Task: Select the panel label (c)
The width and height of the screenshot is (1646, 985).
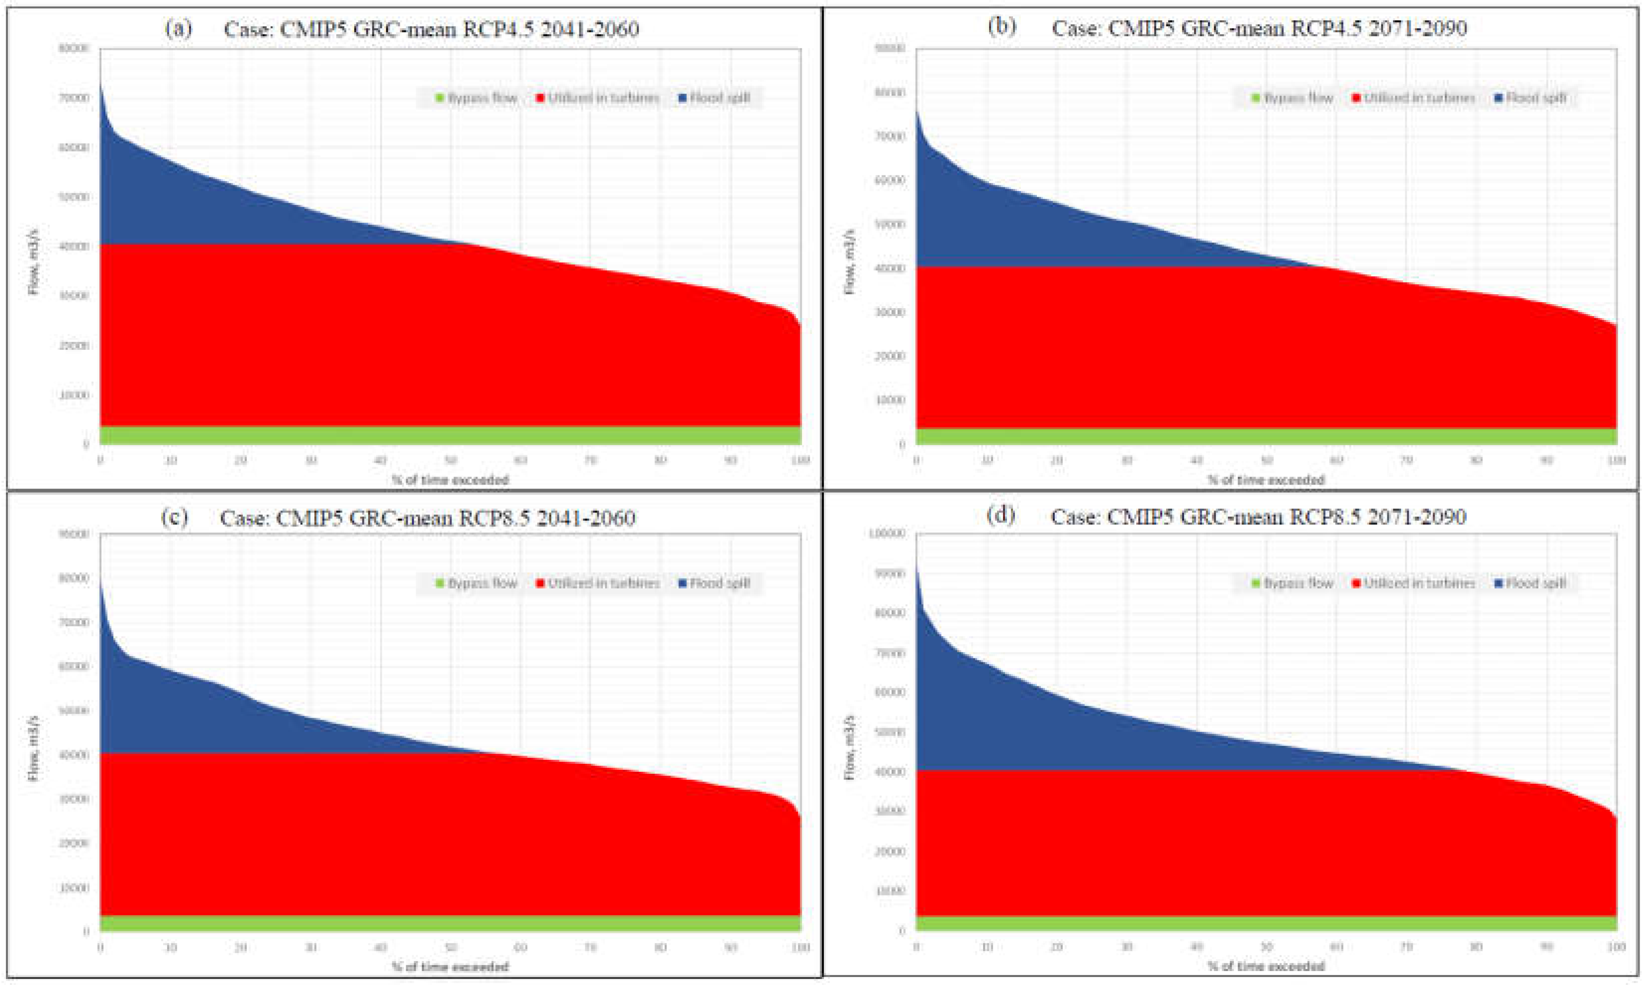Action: (175, 517)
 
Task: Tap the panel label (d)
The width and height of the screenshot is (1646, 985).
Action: (1001, 515)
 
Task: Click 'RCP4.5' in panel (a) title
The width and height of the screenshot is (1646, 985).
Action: (496, 30)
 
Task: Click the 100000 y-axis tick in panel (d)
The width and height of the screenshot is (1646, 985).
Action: (887, 534)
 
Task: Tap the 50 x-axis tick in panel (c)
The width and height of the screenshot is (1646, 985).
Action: (450, 947)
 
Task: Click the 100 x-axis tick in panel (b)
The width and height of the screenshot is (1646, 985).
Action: (1616, 461)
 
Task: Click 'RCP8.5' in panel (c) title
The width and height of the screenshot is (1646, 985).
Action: (493, 518)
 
